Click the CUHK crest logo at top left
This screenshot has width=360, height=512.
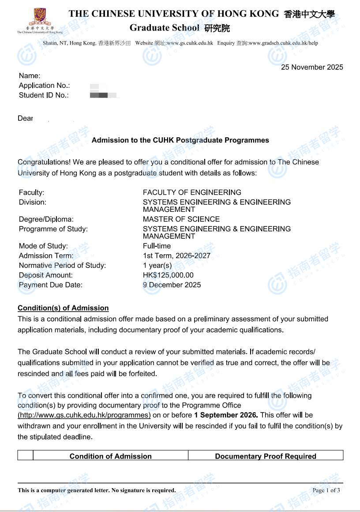[40, 17]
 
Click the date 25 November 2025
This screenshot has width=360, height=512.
[312, 68]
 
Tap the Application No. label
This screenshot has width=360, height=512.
[44, 86]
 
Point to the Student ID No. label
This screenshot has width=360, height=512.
[44, 95]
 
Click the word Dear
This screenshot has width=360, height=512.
[25, 119]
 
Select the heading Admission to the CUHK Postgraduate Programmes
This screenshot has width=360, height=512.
[180, 140]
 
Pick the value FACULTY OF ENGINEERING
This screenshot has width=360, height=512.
[192, 192]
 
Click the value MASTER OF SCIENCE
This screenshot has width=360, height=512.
[181, 219]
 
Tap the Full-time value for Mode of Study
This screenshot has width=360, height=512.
[157, 246]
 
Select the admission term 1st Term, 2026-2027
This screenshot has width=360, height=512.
[176, 256]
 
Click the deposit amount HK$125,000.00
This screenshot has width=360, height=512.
[168, 275]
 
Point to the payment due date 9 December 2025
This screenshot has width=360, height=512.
[172, 285]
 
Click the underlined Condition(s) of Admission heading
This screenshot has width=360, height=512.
[63, 308]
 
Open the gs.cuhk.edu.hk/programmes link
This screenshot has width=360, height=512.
[84, 415]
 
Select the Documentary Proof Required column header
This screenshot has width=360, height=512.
[266, 456]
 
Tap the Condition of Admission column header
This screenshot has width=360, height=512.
[110, 456]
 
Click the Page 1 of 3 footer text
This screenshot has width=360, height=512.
[326, 490]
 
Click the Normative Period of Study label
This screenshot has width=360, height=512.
[62, 266]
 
